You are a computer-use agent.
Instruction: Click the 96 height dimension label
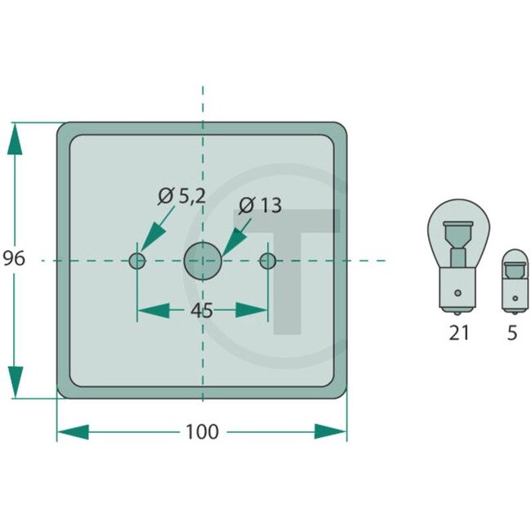(15, 259)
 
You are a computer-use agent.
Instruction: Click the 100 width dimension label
(202, 431)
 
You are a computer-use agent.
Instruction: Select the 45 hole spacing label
(202, 310)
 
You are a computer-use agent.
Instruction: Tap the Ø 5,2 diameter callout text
(181, 196)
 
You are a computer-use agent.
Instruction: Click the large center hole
(203, 261)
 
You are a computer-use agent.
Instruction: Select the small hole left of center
(137, 261)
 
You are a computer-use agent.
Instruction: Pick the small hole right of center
(267, 261)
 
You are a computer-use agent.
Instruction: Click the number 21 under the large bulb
(459, 333)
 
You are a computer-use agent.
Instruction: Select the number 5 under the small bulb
(512, 333)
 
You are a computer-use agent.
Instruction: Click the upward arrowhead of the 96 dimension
(15, 139)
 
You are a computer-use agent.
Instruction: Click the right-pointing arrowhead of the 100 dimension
(331, 431)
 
